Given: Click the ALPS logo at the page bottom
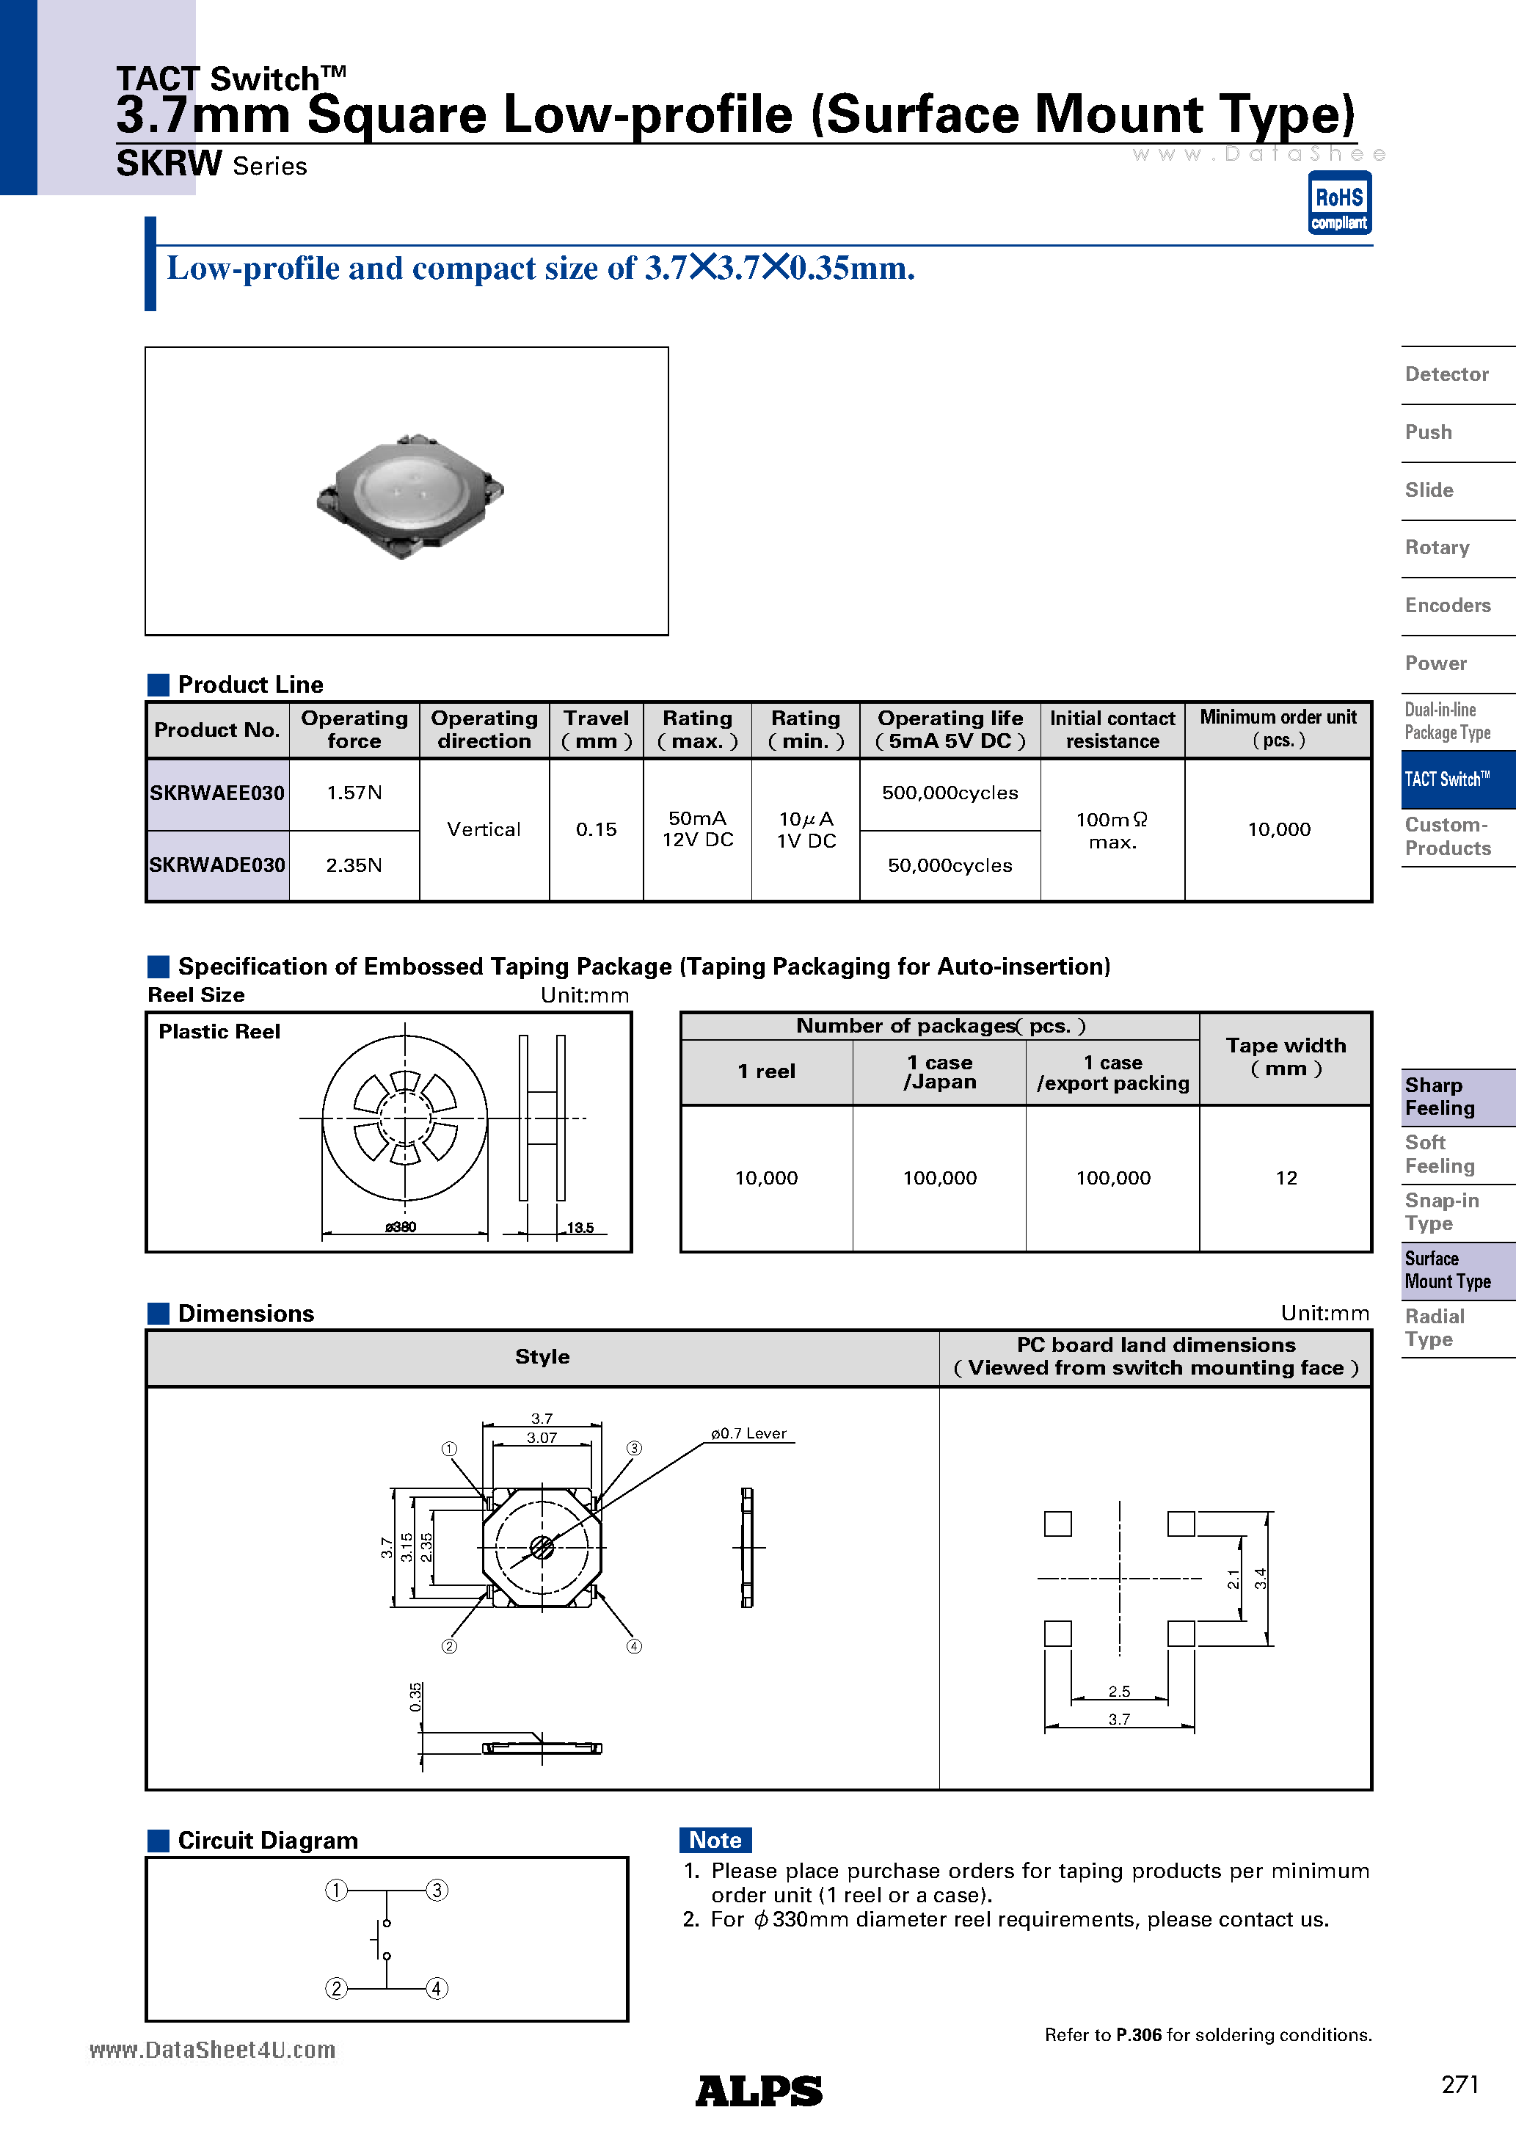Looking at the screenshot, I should click(758, 2091).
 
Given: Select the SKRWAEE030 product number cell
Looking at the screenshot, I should click(217, 793).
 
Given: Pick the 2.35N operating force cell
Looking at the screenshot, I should click(354, 865).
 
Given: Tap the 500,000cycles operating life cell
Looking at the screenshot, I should click(950, 793).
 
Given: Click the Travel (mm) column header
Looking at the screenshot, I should click(596, 730).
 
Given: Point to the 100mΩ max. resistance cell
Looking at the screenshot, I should click(1112, 830).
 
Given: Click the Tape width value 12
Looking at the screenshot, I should click(1286, 1178).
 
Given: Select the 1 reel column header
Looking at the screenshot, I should click(765, 1071).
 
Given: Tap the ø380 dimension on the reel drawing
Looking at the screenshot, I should click(401, 1227).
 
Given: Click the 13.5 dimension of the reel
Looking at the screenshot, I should click(580, 1227).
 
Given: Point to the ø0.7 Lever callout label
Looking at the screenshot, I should click(748, 1433).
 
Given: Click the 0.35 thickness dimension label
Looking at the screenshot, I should click(415, 1697).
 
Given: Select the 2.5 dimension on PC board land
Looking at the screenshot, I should click(1118, 1691).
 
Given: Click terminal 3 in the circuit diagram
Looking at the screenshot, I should click(437, 1890).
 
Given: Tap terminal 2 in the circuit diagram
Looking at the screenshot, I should click(336, 1988).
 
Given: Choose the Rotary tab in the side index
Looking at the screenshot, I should click(1437, 548).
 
